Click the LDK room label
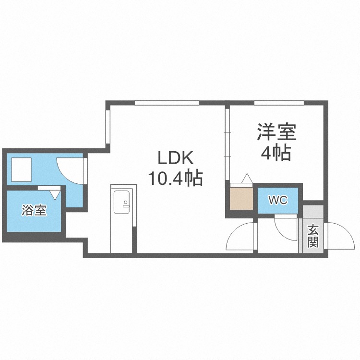(175, 158)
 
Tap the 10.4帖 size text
(175, 178)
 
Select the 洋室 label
(276, 132)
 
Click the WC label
(278, 200)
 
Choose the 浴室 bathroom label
(34, 210)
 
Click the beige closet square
(241, 199)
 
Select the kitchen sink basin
(122, 202)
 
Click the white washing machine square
(21, 169)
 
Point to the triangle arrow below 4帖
(247, 178)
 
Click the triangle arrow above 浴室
(55, 194)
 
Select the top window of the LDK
(167, 103)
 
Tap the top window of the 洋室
(279, 103)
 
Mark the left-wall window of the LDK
(108, 127)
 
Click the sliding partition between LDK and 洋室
(228, 144)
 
